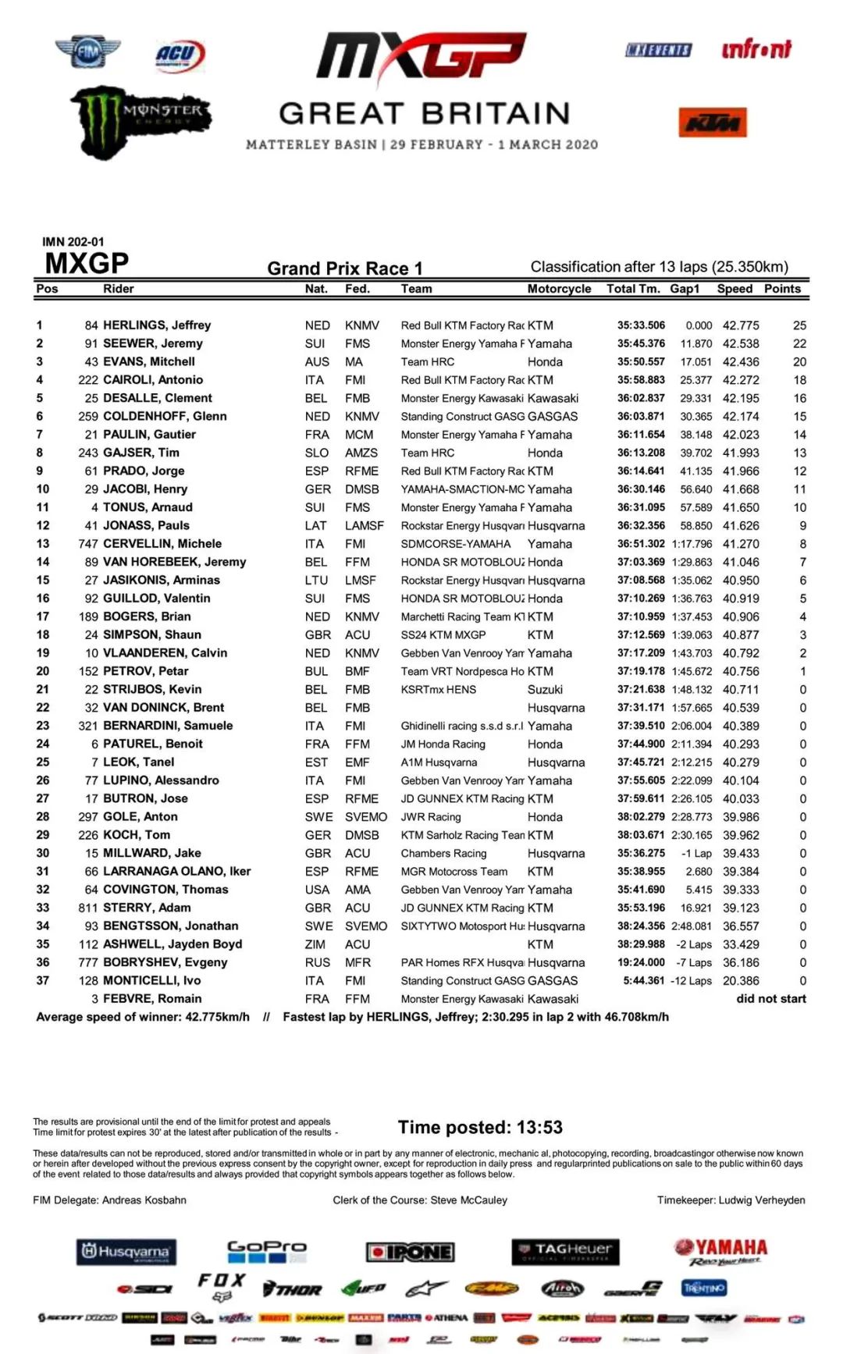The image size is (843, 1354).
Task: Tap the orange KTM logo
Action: tap(712, 123)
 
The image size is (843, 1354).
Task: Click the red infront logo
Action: tap(756, 50)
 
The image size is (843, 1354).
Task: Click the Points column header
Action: tap(782, 289)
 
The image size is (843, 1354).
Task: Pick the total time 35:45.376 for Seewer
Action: tap(641, 343)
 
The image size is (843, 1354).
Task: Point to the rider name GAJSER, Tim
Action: tap(141, 453)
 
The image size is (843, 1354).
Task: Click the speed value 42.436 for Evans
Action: tap(741, 362)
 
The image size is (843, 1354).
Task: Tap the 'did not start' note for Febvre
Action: tap(770, 999)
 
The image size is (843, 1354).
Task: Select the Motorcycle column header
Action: tap(559, 289)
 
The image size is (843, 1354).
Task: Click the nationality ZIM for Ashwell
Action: tap(316, 944)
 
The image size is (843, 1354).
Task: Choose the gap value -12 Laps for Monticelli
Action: tap(691, 981)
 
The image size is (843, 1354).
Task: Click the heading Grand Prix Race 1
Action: tap(345, 268)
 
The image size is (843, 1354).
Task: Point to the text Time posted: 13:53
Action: tap(480, 1127)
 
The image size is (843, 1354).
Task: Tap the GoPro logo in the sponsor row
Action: tap(267, 1251)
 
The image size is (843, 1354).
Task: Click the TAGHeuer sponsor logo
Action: tap(566, 1251)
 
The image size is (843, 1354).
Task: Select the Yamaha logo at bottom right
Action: tap(720, 1251)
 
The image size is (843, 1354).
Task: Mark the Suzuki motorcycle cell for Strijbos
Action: tap(545, 690)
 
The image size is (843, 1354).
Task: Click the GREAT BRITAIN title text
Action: tap(424, 114)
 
